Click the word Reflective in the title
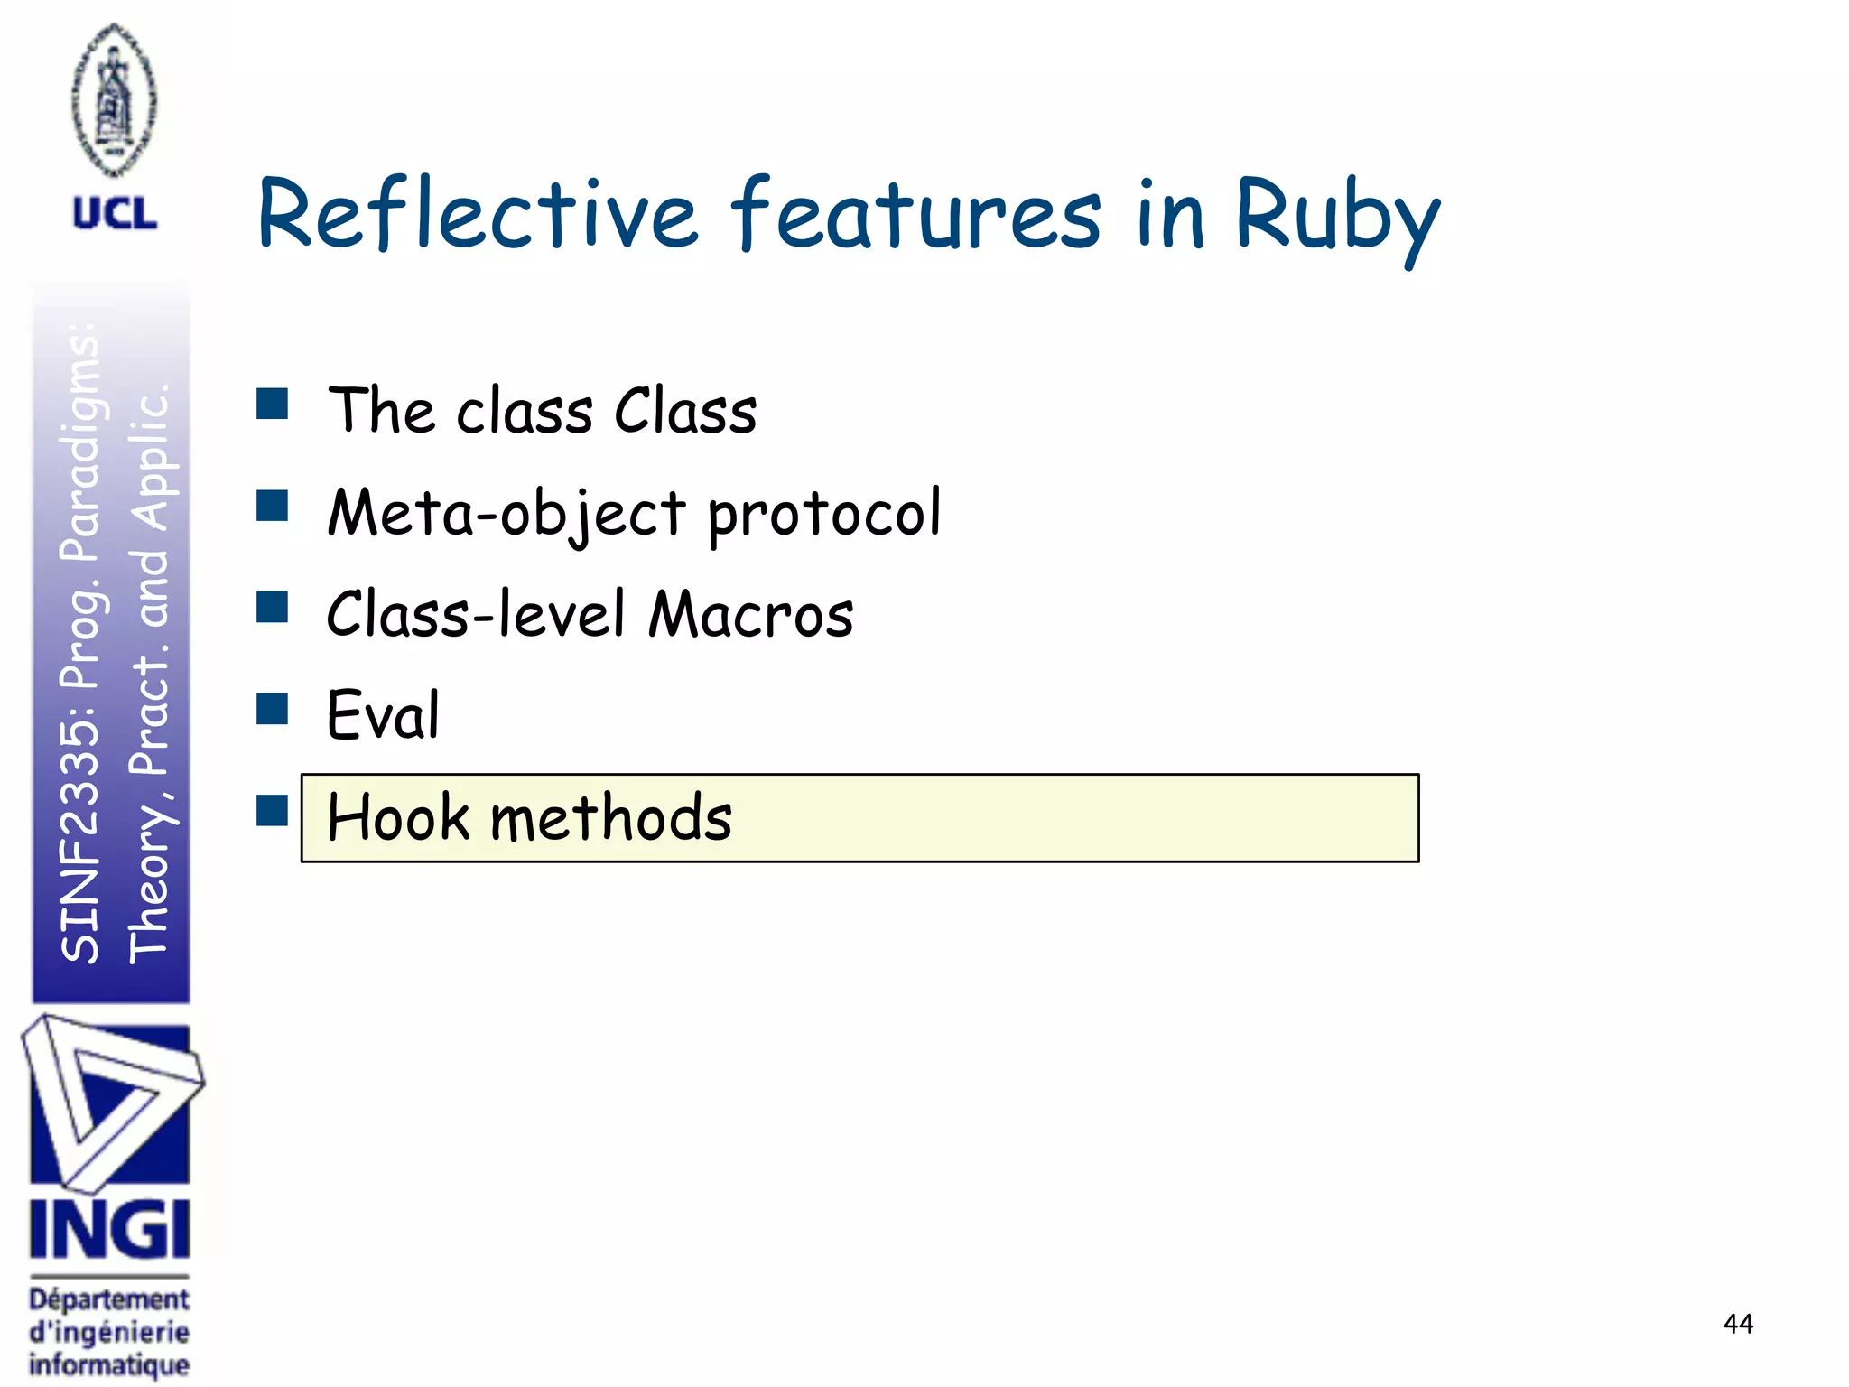(x=478, y=214)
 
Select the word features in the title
(x=915, y=214)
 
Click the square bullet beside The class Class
(x=272, y=404)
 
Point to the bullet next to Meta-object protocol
(x=272, y=506)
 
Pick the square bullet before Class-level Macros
(x=272, y=608)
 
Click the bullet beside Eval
(x=272, y=709)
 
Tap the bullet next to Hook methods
(x=272, y=810)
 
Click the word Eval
(x=383, y=715)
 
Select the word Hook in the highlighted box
(x=398, y=817)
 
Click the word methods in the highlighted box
(x=610, y=817)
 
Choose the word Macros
(x=751, y=614)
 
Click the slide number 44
(x=1737, y=1324)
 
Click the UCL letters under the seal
(x=115, y=215)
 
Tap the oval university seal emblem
(x=114, y=99)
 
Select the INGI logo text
(x=109, y=1229)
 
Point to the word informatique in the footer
(x=109, y=1364)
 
